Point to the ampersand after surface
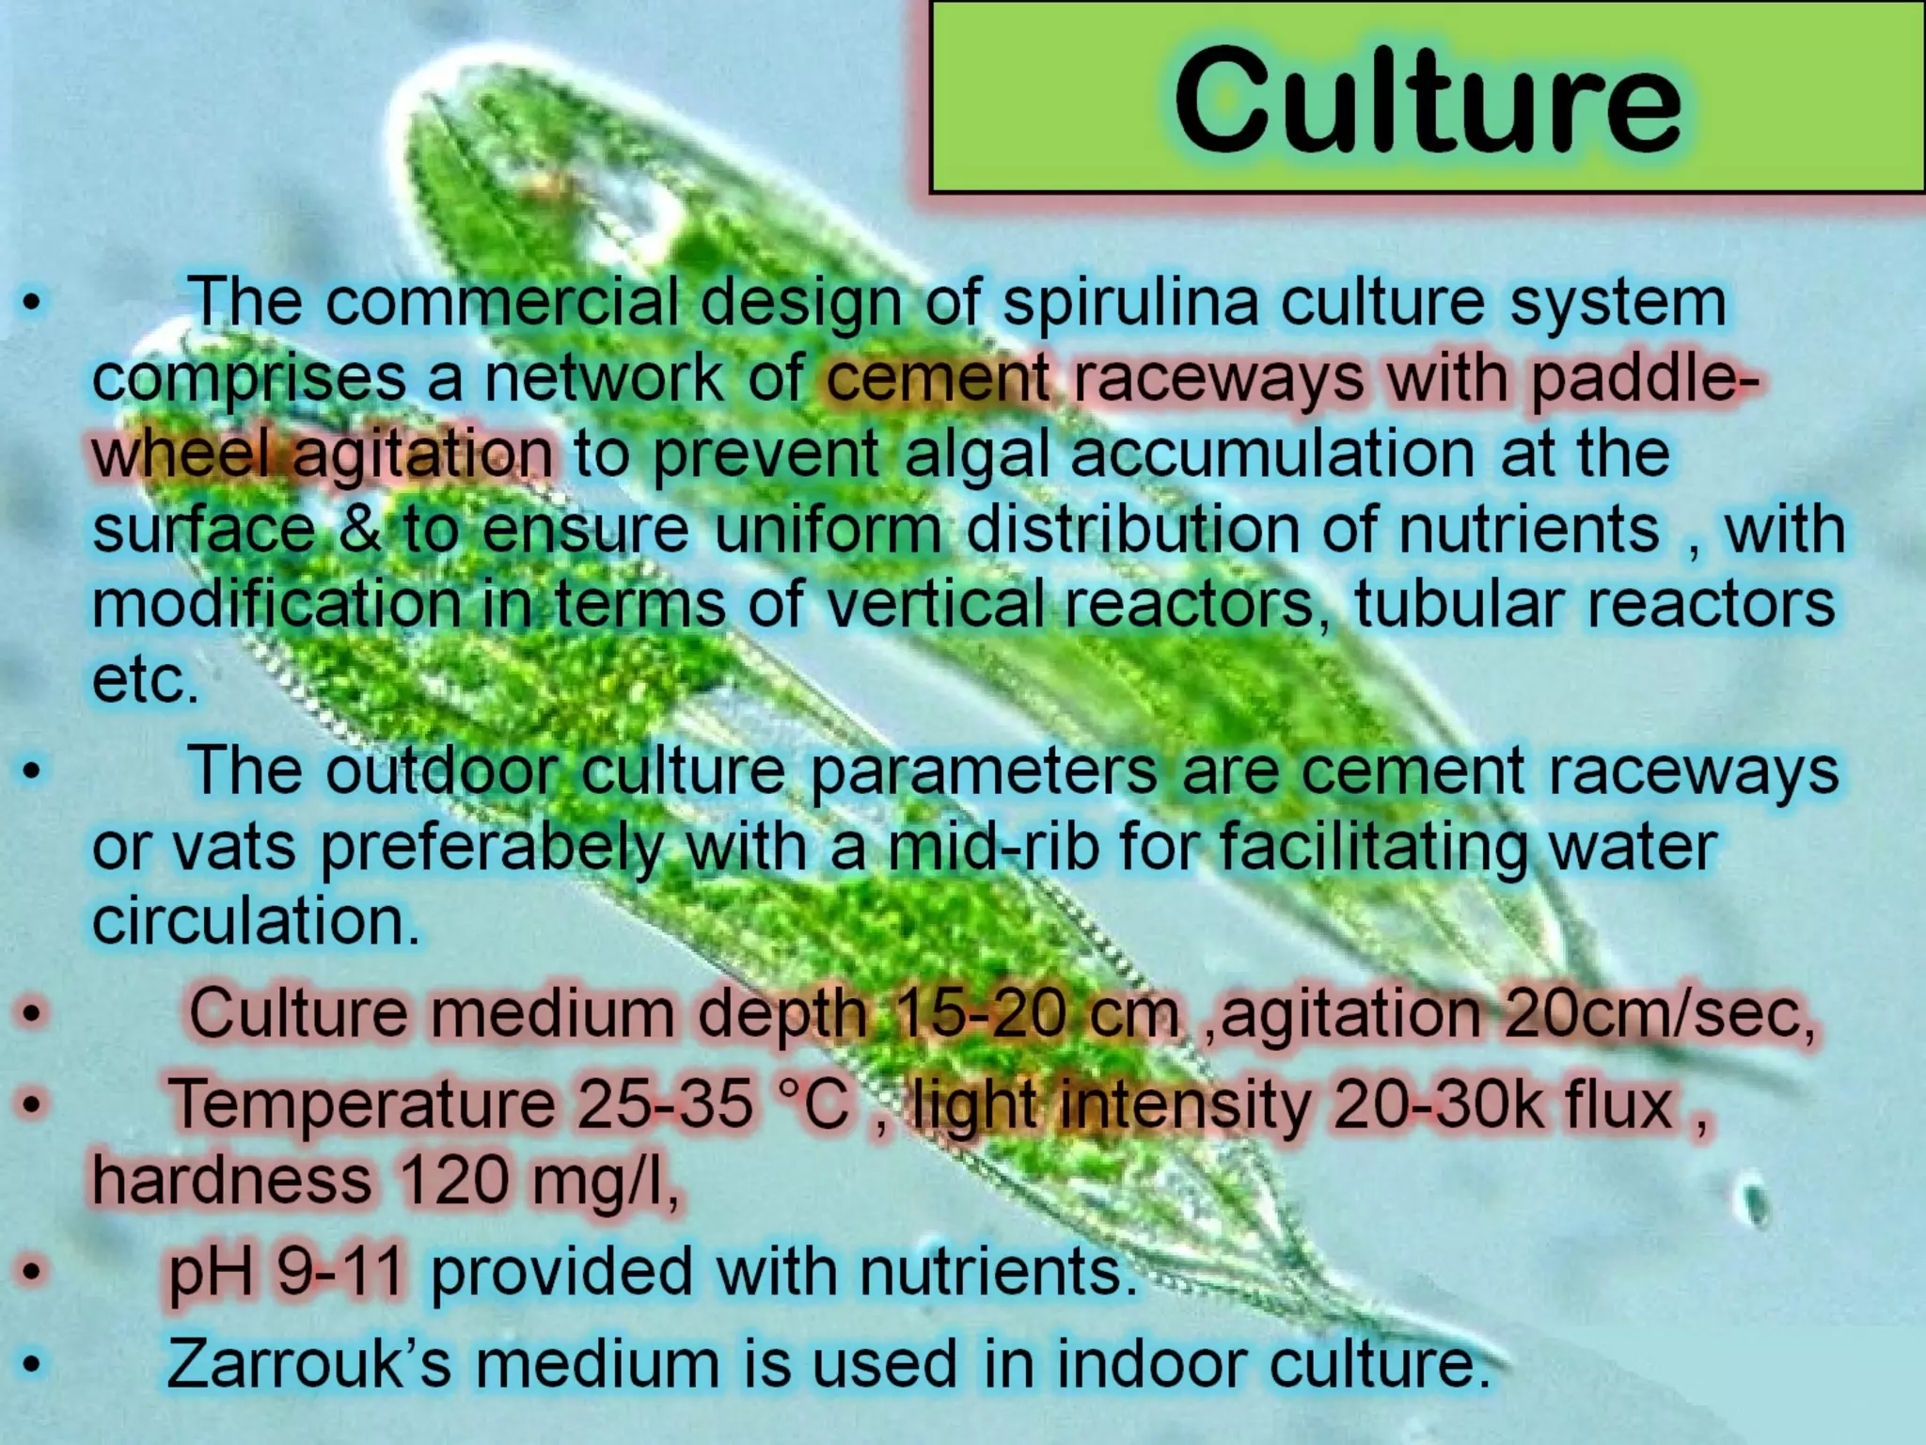[x=359, y=529]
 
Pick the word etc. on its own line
[x=146, y=679]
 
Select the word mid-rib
[x=993, y=847]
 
